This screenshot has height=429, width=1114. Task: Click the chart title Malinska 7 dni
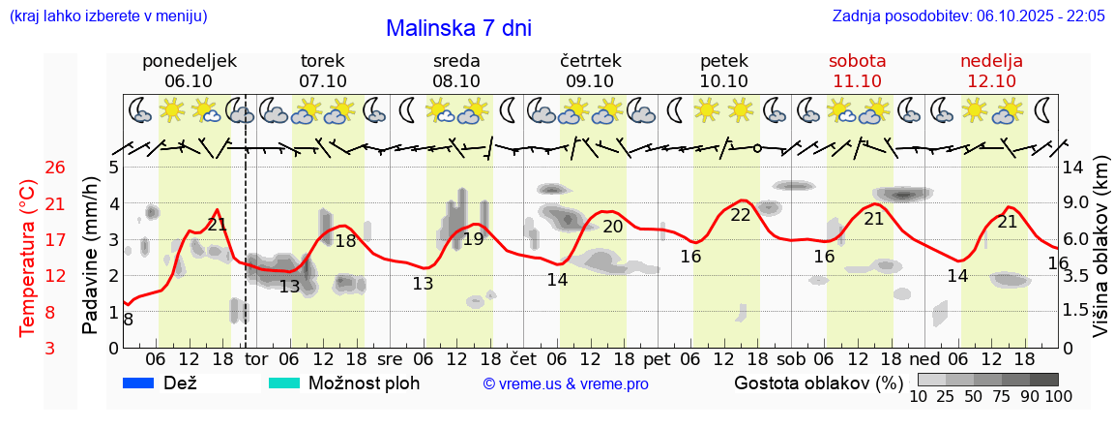pyautogui.click(x=458, y=28)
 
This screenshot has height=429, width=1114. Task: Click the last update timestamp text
pyautogui.click(x=968, y=16)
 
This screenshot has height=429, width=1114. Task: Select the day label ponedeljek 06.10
pyautogui.click(x=189, y=71)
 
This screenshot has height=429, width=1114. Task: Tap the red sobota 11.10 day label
pyautogui.click(x=857, y=71)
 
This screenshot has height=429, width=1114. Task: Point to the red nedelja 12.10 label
pyautogui.click(x=991, y=71)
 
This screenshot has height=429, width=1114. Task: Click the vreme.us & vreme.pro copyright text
pyautogui.click(x=566, y=384)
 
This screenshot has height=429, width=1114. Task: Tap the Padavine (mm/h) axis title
pyautogui.click(x=90, y=256)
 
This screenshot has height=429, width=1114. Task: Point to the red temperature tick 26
pyautogui.click(x=55, y=168)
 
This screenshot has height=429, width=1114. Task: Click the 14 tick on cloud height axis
pyautogui.click(x=1074, y=167)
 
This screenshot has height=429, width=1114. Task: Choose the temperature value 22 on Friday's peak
pyautogui.click(x=741, y=215)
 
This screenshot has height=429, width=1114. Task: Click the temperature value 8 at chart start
pyautogui.click(x=129, y=319)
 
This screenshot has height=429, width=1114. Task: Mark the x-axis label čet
pyautogui.click(x=523, y=358)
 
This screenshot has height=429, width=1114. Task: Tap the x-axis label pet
pyautogui.click(x=657, y=358)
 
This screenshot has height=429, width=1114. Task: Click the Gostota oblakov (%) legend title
pyautogui.click(x=818, y=383)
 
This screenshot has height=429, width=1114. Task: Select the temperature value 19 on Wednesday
pyautogui.click(x=473, y=238)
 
